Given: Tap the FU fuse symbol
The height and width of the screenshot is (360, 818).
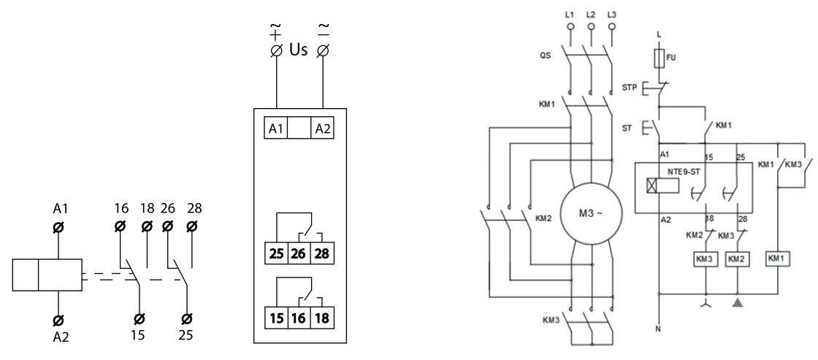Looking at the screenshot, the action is point(659,58).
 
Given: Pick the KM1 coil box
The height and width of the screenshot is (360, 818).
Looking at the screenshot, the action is point(779,258).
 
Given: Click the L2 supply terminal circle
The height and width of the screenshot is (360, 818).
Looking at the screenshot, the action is point(591,27).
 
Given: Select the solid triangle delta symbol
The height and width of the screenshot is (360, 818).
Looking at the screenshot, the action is point(738,302).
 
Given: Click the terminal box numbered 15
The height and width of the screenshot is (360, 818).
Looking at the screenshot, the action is point(277,317).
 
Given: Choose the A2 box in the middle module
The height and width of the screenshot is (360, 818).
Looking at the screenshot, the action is point(323,129).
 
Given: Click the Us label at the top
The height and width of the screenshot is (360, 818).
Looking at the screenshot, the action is point(299,50).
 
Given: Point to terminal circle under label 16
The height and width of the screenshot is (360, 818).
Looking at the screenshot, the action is point(120,226).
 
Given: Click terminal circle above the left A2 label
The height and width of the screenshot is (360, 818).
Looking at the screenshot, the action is point(59,319).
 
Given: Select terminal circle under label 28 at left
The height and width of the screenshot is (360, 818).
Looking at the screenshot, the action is point(192,226).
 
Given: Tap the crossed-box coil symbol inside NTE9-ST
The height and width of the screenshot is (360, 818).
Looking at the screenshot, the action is point(651,186).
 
